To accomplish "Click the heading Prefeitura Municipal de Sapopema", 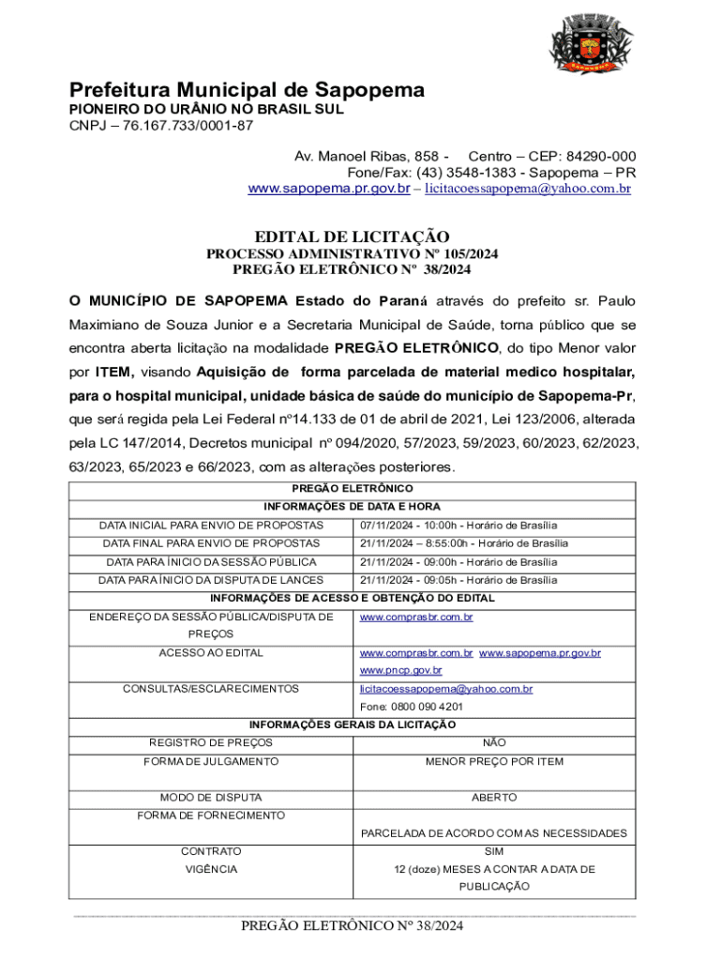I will click(247, 90).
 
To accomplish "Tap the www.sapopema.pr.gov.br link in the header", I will click(328, 189).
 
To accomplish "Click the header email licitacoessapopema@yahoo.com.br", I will click(528, 189).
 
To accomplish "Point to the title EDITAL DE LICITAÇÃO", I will click(353, 237).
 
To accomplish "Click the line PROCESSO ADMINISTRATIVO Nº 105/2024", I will click(353, 254).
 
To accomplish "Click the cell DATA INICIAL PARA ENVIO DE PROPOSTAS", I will click(212, 526).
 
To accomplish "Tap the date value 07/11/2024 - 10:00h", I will click(413, 526).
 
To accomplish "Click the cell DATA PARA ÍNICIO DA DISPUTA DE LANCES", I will click(212, 580).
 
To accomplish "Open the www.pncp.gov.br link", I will click(401, 670).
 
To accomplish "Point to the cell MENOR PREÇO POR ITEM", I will click(494, 761).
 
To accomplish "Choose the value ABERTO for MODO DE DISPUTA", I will click(494, 798).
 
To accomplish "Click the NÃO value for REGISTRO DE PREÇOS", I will click(494, 743).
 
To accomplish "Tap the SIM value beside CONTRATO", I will click(494, 851).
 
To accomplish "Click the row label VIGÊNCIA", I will click(212, 869).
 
